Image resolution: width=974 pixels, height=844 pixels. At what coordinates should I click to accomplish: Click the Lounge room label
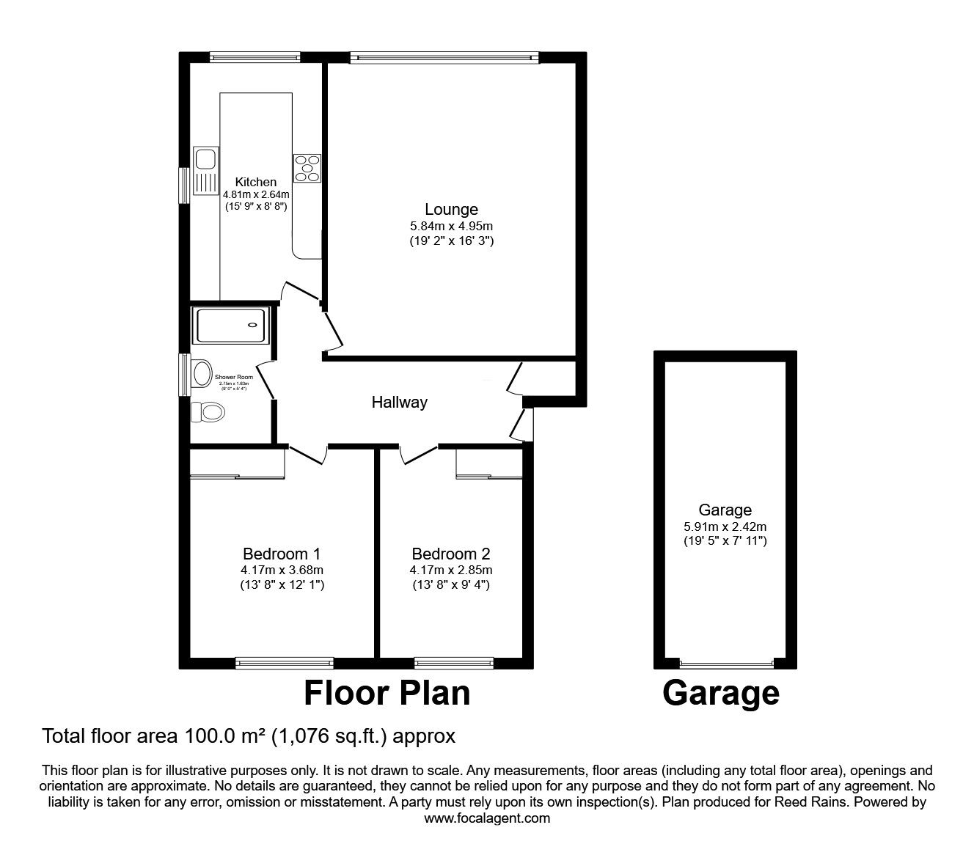[451, 210]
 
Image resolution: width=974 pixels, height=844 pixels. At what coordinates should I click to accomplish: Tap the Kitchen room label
[255, 182]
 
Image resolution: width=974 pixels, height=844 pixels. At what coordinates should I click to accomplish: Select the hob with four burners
[307, 168]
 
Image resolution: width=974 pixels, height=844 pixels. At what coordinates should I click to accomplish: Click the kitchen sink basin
[205, 158]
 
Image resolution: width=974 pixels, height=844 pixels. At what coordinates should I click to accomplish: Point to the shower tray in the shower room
[230, 325]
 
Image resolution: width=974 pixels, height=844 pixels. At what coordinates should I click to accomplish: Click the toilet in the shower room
[208, 412]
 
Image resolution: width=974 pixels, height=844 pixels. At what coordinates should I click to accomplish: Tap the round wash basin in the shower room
[201, 373]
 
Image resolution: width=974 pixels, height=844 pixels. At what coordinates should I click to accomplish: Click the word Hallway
[399, 402]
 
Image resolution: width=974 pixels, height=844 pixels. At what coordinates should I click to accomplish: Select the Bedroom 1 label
[282, 554]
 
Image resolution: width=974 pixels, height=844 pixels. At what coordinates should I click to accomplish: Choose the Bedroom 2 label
[450, 554]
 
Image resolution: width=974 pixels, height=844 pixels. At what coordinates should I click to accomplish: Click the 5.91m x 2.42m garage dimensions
[725, 526]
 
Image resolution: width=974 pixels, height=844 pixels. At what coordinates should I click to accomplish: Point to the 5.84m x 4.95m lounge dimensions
[451, 226]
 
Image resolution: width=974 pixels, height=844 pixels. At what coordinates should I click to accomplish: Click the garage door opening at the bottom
[725, 664]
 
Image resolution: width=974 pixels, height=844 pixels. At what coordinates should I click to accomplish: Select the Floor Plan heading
[387, 693]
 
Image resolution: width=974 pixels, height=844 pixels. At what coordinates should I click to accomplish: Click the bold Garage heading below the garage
[720, 693]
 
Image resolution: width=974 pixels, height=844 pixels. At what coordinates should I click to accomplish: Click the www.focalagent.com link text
[487, 818]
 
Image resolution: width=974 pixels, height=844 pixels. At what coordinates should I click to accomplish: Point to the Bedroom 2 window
[454, 663]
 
